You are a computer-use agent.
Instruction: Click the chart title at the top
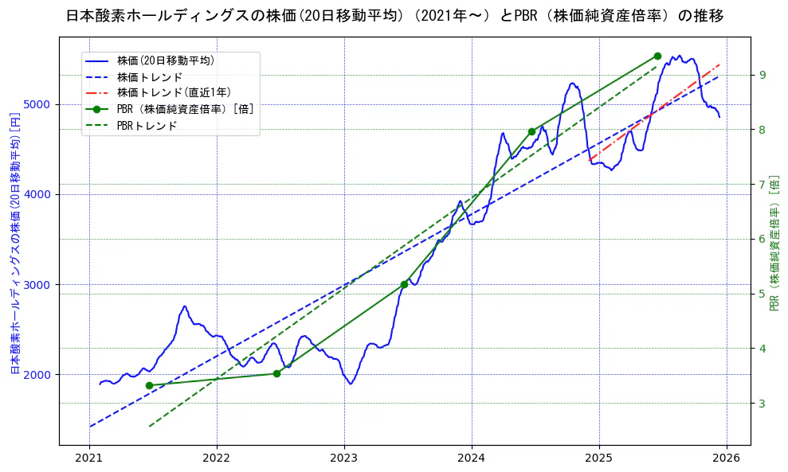(394, 16)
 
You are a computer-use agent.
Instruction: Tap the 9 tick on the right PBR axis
(762, 75)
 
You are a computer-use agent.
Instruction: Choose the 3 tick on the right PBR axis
(762, 404)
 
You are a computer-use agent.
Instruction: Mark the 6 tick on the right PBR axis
(762, 240)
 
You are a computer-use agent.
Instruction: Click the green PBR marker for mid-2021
(149, 385)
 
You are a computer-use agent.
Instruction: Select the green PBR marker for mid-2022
(276, 373)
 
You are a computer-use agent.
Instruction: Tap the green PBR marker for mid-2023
(404, 284)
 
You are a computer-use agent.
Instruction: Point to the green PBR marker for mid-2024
(531, 131)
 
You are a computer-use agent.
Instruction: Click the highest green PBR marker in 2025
(657, 56)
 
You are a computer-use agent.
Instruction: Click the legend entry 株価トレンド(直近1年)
(174, 93)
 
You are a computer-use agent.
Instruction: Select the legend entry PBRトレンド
(147, 126)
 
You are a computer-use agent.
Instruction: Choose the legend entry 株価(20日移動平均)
(166, 60)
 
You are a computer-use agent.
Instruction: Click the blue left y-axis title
(14, 243)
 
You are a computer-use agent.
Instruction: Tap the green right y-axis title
(774, 243)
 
